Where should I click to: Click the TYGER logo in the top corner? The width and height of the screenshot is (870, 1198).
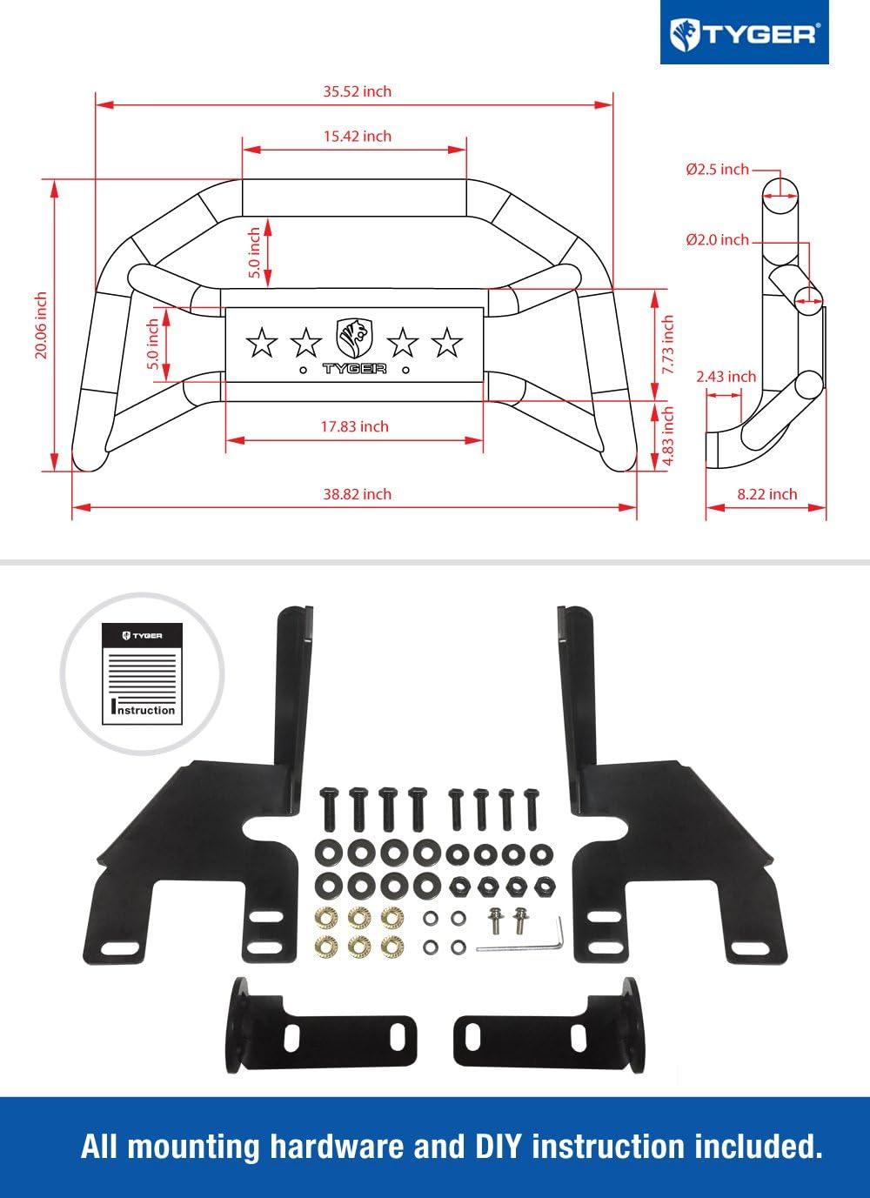[744, 33]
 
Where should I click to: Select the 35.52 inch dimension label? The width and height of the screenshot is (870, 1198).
[357, 91]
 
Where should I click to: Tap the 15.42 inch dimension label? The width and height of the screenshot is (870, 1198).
[357, 137]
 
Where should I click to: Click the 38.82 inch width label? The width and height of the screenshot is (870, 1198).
[357, 494]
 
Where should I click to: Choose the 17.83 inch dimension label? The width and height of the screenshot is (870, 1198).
[354, 426]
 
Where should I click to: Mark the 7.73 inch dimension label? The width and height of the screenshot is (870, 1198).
[668, 344]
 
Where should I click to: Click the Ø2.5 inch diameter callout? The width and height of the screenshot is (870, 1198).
[717, 170]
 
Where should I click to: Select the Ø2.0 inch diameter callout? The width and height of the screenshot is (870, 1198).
[717, 239]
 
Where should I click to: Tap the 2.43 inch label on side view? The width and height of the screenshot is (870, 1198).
[726, 377]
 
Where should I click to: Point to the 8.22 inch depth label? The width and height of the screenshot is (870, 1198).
[766, 494]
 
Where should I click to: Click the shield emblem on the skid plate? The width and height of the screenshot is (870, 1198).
[354, 336]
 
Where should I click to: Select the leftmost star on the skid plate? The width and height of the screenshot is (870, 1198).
[260, 343]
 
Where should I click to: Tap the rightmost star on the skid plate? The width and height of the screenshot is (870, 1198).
[447, 343]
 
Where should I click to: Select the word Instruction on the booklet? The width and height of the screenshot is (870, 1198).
[144, 710]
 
